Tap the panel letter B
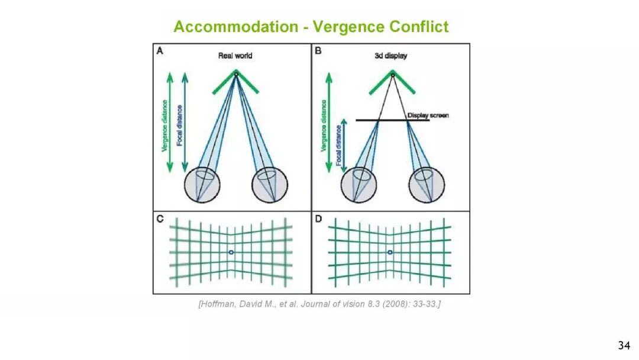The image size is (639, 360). pos(318,52)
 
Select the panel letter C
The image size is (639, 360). pos(160,219)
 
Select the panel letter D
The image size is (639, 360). pos(318,219)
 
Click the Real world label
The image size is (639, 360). pos(235,56)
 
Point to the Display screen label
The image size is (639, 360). pos(428,115)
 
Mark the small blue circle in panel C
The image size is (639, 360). pos(231,253)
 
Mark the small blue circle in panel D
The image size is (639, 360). pos(389,253)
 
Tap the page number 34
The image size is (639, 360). pos(624,345)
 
